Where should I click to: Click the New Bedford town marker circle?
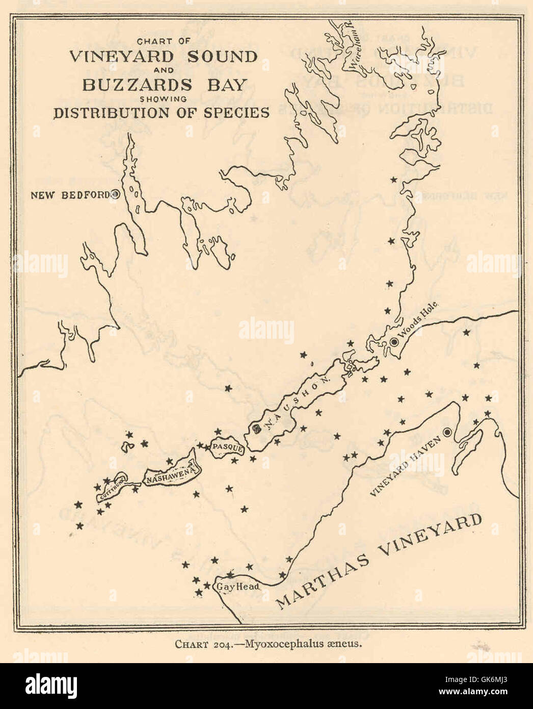(x=116, y=194)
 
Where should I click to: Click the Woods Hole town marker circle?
(x=394, y=342)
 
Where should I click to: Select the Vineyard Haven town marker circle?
(x=447, y=432)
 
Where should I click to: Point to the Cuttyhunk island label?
(x=111, y=488)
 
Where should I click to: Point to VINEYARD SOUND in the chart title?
(x=163, y=56)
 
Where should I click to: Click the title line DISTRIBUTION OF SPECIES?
(x=162, y=113)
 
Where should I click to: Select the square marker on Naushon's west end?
(x=256, y=428)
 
